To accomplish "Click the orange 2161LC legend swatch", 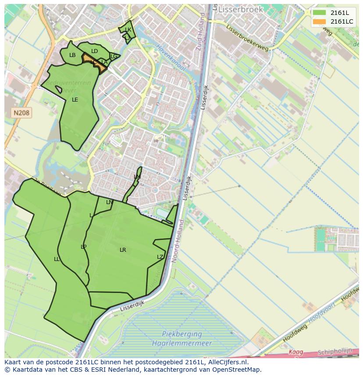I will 319,21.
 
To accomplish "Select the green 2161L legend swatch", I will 319,13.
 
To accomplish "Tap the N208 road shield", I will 21,113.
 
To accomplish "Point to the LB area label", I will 72,55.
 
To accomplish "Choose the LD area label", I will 94,51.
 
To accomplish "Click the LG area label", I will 114,56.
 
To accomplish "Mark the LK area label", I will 128,30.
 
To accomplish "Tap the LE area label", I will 75,100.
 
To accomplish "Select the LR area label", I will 123,250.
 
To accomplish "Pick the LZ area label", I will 160,257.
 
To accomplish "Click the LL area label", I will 57,259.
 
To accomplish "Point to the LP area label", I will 83,247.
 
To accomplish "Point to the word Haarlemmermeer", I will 181,343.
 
